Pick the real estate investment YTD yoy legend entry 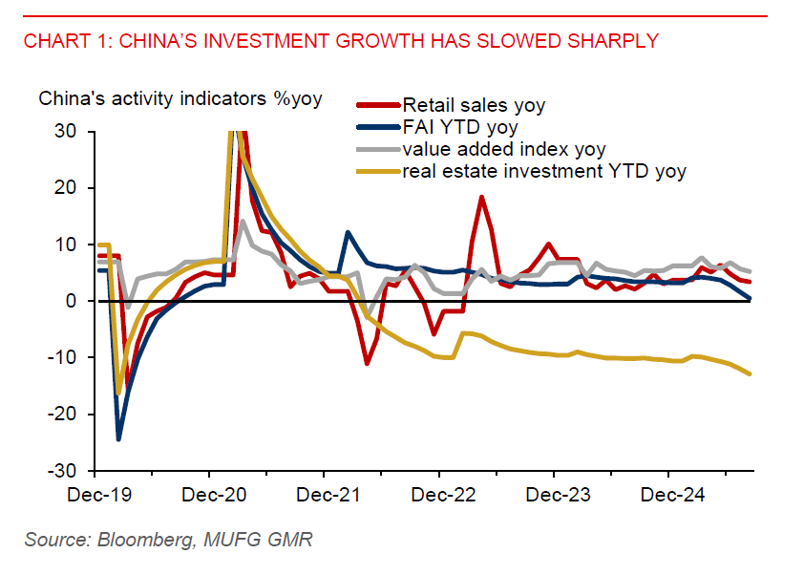coord(543,171)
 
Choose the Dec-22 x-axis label coord(438,496)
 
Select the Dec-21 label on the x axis coord(324,496)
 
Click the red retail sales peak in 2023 coord(481,197)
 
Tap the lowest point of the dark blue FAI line coord(118,439)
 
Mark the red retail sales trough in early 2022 coord(367,364)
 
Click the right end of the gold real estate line coord(751,373)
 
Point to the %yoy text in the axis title coord(295,98)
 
